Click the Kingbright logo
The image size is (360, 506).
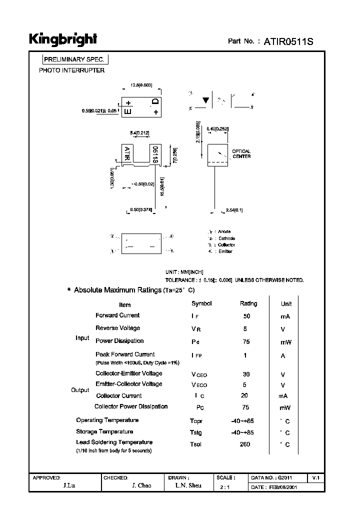(62, 39)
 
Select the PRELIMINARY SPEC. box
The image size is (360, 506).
(74, 59)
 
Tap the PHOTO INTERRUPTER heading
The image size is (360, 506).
(72, 70)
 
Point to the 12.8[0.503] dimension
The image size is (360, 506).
(141, 85)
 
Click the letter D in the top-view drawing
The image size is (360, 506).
(155, 102)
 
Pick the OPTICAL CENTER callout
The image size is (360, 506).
(241, 154)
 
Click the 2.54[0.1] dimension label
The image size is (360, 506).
(234, 210)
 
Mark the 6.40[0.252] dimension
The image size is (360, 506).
(219, 129)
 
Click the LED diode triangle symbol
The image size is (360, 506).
(205, 100)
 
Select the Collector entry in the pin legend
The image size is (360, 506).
(226, 245)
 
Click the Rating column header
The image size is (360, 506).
(248, 303)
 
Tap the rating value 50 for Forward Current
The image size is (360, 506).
(246, 316)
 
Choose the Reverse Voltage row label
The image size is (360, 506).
(118, 328)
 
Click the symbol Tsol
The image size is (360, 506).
(195, 444)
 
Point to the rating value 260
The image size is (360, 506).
(245, 444)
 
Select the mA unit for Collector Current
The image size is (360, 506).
(283, 395)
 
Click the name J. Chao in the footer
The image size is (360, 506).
(141, 486)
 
